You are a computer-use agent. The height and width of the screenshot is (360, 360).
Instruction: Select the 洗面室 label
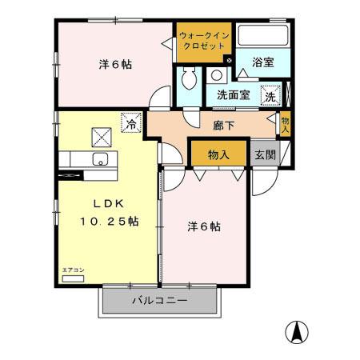click(234, 94)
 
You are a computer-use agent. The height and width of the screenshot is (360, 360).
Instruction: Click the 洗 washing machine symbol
click(271, 94)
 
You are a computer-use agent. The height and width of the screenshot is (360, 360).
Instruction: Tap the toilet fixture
click(190, 79)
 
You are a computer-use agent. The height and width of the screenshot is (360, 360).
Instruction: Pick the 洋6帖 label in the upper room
click(115, 64)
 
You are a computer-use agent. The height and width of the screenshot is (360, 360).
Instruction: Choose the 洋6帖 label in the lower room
click(205, 227)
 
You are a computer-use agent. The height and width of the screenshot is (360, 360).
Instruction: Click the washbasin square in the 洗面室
click(217, 76)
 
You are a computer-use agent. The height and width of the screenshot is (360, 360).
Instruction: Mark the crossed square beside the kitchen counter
click(102, 134)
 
